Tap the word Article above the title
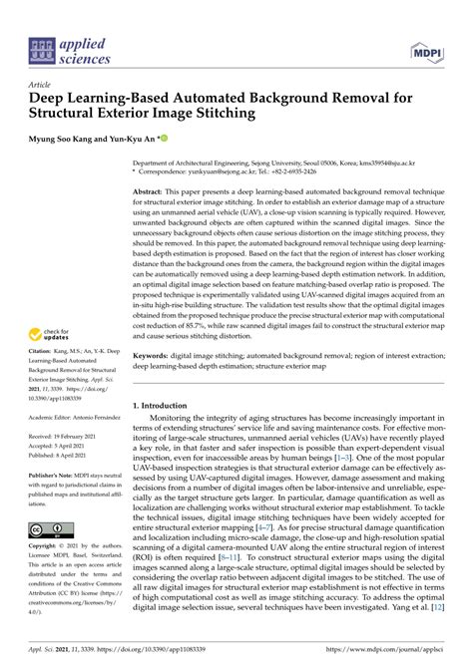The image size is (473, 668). (40, 86)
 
